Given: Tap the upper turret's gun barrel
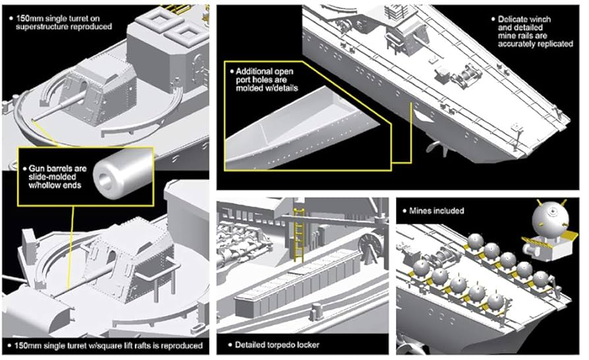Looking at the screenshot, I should tap(65, 102).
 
